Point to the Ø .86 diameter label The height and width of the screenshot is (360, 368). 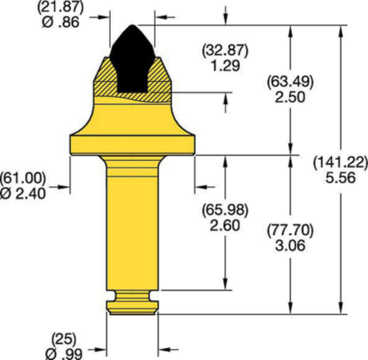point(61,23)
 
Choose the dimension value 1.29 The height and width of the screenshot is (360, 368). point(225,66)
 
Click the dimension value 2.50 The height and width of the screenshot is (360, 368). point(291,97)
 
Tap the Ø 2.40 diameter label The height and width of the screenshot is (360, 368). point(22,194)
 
